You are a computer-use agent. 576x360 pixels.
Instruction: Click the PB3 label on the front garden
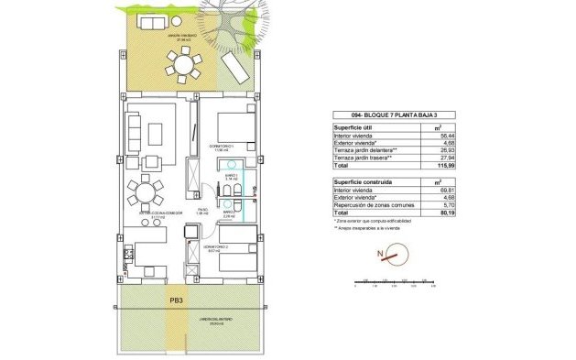point(176,299)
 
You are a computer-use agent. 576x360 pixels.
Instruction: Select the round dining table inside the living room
point(145,194)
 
